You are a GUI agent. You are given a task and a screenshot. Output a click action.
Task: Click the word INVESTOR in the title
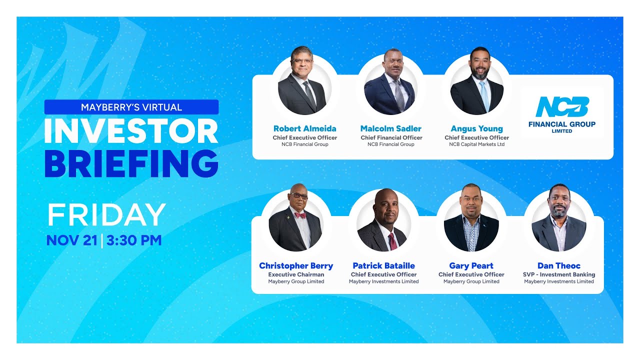131,131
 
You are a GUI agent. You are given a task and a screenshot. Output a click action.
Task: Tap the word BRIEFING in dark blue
131,163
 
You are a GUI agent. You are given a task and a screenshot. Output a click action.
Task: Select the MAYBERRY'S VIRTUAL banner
131,107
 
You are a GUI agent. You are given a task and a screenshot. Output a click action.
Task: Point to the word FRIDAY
106,215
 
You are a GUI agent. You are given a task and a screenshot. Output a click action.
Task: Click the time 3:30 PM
134,240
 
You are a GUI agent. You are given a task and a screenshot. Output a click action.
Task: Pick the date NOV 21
71,240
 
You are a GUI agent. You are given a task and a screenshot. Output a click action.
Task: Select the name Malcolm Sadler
391,128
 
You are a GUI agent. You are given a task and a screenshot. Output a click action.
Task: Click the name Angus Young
477,128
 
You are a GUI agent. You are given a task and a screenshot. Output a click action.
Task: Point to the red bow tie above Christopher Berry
300,215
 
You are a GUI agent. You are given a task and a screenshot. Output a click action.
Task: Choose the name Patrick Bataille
384,265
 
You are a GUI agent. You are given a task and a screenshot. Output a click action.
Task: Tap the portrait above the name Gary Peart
471,223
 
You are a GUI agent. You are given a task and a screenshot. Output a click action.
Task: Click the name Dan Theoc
559,265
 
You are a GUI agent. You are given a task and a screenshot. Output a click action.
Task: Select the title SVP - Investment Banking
559,274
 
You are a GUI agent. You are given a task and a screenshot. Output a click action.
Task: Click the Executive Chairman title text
296,274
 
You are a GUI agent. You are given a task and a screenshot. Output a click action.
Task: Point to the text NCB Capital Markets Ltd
477,144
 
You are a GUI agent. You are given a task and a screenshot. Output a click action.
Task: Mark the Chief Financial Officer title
391,137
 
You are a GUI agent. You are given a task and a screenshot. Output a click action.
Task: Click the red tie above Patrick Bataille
393,241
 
